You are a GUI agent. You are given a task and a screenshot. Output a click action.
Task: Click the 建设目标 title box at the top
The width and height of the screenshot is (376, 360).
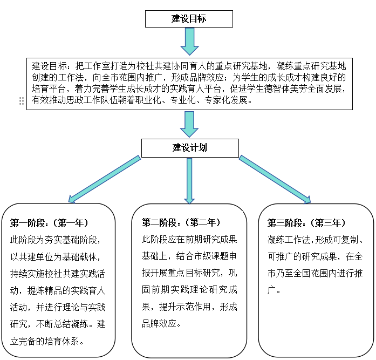pos(189,19)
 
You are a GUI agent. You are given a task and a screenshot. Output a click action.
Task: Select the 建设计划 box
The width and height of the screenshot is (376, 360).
pos(189,147)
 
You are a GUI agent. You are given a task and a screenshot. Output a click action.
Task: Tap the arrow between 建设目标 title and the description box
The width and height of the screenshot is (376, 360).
pos(189,42)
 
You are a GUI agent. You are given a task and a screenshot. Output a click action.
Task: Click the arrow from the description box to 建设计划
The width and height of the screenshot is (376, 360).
pos(189,124)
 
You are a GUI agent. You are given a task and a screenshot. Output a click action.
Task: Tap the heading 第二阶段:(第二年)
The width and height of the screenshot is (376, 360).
pos(181,222)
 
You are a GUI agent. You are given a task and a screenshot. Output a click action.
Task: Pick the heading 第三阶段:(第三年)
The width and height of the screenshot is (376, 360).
pos(306,223)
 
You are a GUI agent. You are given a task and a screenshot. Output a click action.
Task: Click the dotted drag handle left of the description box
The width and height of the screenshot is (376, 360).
pos(21,101)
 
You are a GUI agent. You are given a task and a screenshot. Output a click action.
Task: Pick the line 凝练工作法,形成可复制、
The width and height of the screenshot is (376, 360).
pos(315,239)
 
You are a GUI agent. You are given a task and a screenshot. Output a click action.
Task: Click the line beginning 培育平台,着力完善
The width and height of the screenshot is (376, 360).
pos(186,89)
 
